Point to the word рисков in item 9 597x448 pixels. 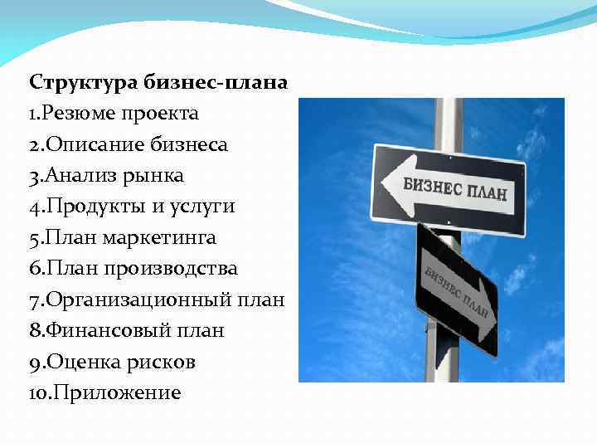click(166, 363)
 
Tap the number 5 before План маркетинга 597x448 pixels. click(34, 238)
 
